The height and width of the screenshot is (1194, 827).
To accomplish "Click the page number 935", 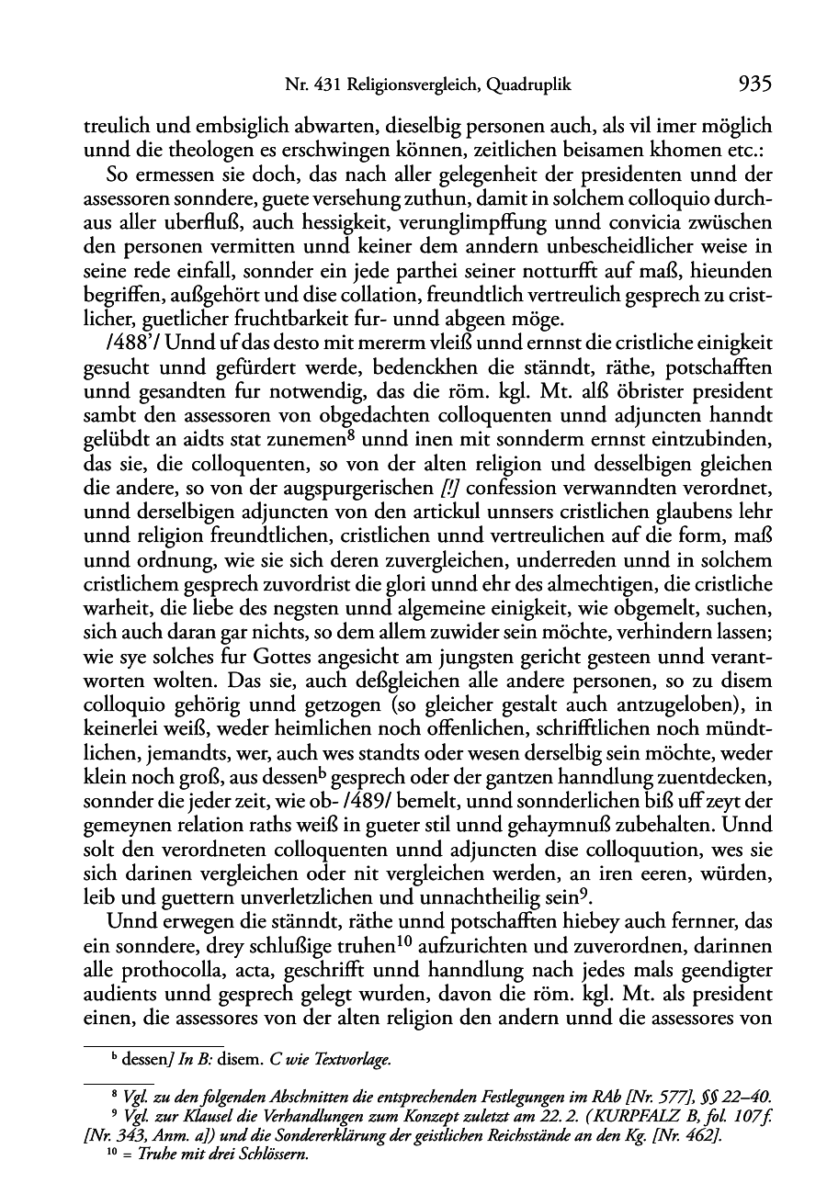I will (x=753, y=85).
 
